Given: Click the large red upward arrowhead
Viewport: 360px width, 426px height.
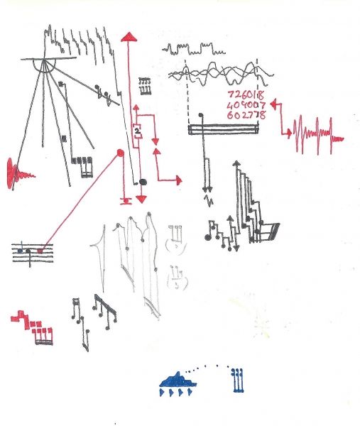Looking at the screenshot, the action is [x=129, y=37].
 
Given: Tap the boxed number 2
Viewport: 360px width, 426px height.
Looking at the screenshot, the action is [x=137, y=131].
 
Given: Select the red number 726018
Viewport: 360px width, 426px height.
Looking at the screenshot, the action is [x=246, y=95].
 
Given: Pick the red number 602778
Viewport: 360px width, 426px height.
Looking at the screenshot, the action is [x=246, y=115].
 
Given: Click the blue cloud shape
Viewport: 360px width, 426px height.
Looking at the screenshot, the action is [x=178, y=380].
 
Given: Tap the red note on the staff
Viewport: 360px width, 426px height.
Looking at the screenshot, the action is [x=40, y=251].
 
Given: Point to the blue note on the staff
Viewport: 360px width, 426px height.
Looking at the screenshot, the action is [x=20, y=250].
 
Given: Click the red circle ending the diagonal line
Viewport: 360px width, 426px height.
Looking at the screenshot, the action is [x=121, y=153].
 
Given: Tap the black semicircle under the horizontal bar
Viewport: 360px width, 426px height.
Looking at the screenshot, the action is [x=44, y=65].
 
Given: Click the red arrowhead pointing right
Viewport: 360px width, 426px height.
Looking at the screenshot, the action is [x=179, y=180].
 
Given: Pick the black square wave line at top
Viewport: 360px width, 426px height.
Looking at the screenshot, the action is [x=194, y=49].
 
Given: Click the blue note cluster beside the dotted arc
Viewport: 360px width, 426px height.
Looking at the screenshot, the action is [x=238, y=381].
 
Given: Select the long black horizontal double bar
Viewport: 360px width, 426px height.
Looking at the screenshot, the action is [x=223, y=129].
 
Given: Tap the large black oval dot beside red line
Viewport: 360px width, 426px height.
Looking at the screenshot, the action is [x=143, y=182].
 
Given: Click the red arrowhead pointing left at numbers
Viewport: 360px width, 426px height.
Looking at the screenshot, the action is [x=273, y=104].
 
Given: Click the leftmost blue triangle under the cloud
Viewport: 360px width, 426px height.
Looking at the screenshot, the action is [x=162, y=393].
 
